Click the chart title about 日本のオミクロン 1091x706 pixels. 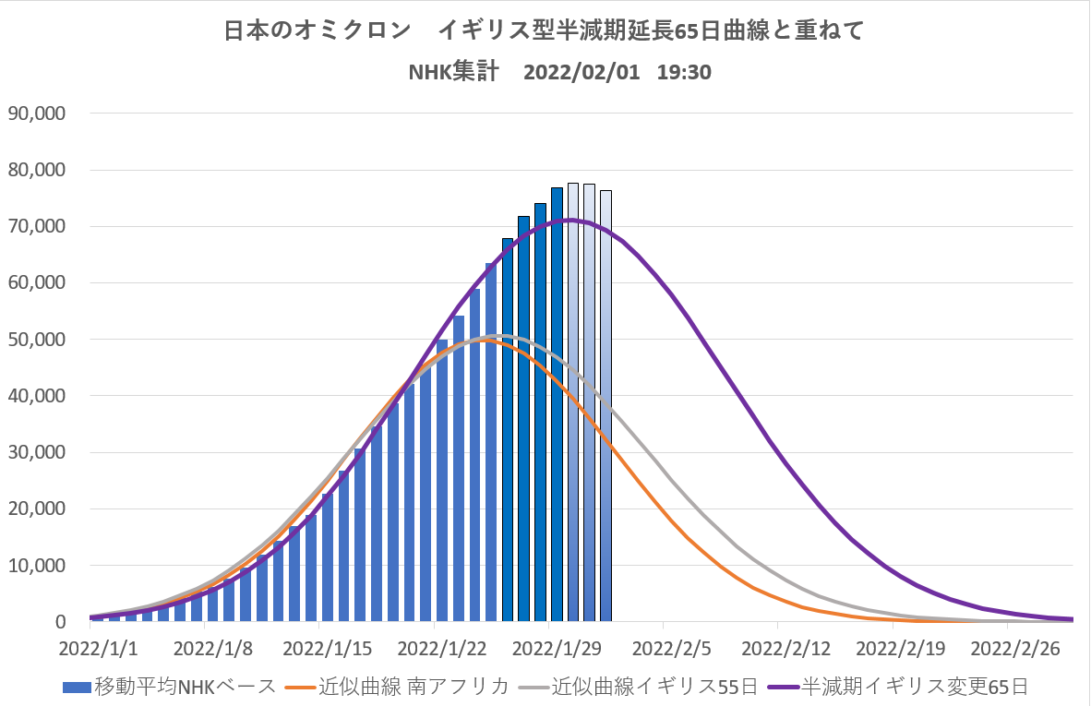click(545, 30)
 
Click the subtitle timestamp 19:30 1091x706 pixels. click(683, 72)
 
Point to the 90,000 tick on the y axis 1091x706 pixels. click(36, 114)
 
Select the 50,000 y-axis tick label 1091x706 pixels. click(36, 340)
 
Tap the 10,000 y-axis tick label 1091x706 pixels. click(36, 566)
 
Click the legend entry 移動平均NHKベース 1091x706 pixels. click(170, 687)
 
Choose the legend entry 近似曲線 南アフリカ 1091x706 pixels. click(398, 687)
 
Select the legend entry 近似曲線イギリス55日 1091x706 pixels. click(638, 687)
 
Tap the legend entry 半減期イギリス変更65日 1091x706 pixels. click(901, 687)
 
